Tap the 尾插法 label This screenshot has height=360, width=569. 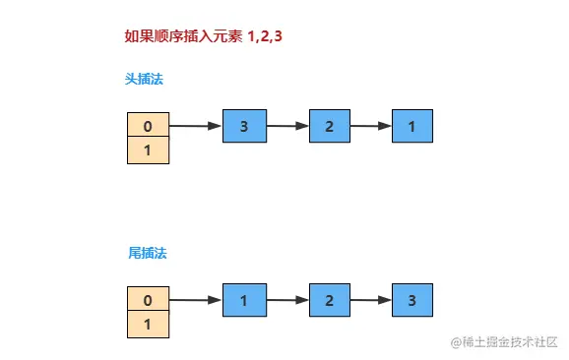click(x=148, y=253)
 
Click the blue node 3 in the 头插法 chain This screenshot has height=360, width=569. click(x=244, y=126)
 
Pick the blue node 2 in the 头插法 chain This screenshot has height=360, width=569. click(x=330, y=126)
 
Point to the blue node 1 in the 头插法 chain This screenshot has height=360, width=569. click(x=412, y=126)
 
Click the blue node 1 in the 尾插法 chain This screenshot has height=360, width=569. click(x=244, y=300)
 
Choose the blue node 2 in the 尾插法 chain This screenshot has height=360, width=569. click(x=330, y=300)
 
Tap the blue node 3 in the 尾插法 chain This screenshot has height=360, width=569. click(x=412, y=300)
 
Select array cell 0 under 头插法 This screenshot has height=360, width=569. click(x=148, y=126)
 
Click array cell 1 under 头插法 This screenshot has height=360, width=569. click(x=148, y=150)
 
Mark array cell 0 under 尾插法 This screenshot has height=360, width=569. click(x=148, y=300)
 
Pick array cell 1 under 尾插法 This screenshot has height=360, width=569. click(x=148, y=325)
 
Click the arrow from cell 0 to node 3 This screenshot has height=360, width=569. click(x=196, y=126)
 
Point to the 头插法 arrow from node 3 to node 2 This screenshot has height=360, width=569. click(x=287, y=126)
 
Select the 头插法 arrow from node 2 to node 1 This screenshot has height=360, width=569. click(x=371, y=126)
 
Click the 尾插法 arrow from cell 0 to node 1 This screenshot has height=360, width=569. click(x=196, y=300)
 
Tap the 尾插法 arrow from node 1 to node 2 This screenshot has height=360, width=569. click(x=287, y=300)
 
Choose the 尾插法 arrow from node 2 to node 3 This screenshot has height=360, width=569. click(x=371, y=300)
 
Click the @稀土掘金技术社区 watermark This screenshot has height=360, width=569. click(x=505, y=341)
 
